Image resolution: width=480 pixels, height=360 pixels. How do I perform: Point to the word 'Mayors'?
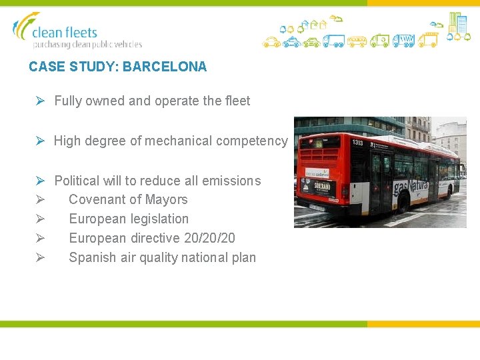pyautogui.click(x=167, y=199)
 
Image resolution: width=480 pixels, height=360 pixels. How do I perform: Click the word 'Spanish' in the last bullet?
pyautogui.click(x=91, y=257)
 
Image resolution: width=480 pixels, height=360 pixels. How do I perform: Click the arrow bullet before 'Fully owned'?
pyautogui.click(x=40, y=101)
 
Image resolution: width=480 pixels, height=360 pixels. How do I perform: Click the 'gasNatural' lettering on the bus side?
pyautogui.click(x=409, y=187)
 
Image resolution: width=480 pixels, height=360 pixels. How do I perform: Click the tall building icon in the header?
pyautogui.click(x=457, y=23)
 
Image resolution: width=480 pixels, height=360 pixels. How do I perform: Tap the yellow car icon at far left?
pyautogui.click(x=271, y=42)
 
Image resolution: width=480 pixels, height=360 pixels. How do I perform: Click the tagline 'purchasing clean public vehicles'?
pyautogui.click(x=87, y=45)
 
